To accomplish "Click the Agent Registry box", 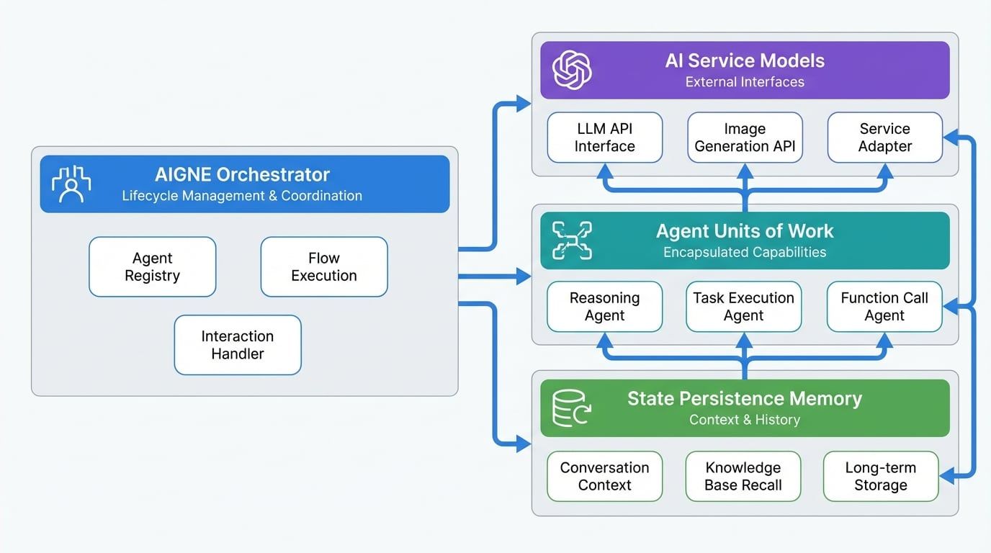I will coord(152,267).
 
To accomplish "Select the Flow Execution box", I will coord(324,267).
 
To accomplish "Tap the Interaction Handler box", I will coord(238,345).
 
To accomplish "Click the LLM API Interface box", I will coord(605,138).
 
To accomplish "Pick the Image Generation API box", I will coord(745,138).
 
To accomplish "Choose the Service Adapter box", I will coord(885,138).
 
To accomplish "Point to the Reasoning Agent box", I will coord(605,307).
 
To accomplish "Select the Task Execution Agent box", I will coord(744,307).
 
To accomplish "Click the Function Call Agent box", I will coord(884,307).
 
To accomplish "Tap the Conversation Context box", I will coord(605,476).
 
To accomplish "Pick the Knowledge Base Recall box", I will coord(743,476).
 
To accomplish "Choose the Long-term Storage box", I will coord(881,476).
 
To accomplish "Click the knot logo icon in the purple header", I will coord(572,70).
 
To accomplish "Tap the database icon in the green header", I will coord(570,408).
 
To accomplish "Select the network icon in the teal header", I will coord(571,240).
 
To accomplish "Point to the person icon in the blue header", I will coord(71,184).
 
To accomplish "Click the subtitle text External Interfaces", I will coord(745,82).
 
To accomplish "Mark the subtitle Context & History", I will coord(745,420).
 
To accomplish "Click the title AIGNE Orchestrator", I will coord(242,174).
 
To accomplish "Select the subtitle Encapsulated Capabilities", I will coord(745,252).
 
